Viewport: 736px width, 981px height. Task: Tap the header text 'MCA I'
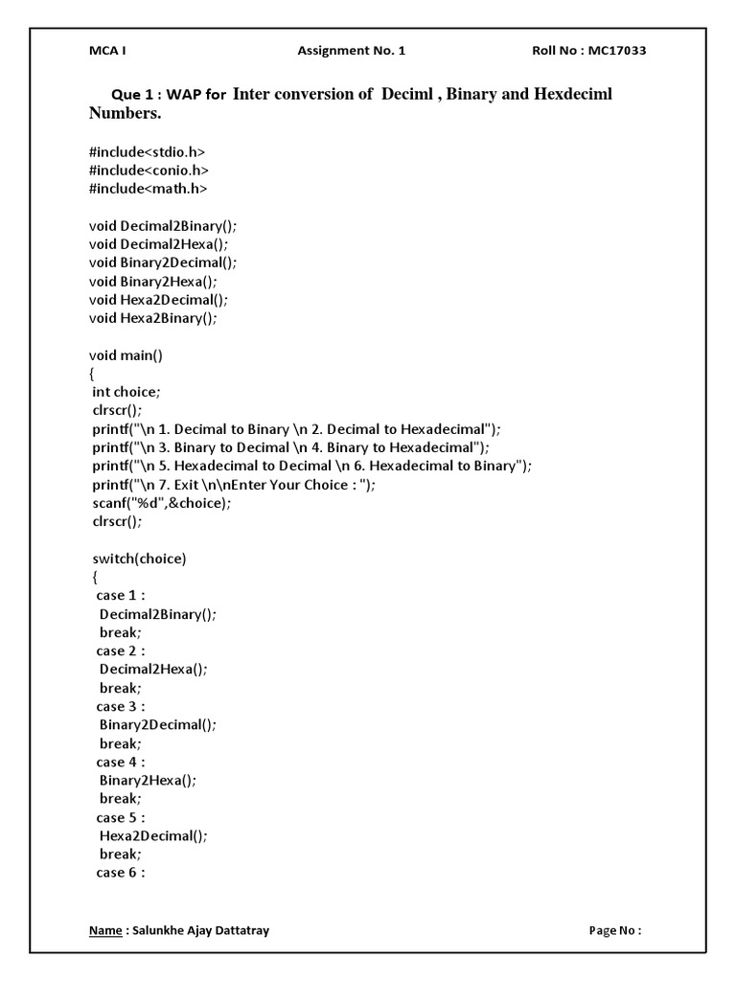click(x=107, y=51)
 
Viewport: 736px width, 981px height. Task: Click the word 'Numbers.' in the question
click(x=126, y=114)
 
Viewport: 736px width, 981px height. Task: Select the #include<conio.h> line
click(x=149, y=170)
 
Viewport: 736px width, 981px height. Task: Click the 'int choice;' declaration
click(x=127, y=391)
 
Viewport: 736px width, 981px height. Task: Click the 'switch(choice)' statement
click(x=139, y=558)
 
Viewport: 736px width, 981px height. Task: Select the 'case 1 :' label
click(x=120, y=595)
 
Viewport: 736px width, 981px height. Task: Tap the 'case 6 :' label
click(x=120, y=872)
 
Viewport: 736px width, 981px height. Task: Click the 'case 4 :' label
click(x=120, y=762)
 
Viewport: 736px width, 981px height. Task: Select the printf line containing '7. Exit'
click(x=235, y=484)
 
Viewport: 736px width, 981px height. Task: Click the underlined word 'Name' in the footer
click(x=104, y=930)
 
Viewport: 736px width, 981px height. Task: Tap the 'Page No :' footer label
click(x=614, y=930)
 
